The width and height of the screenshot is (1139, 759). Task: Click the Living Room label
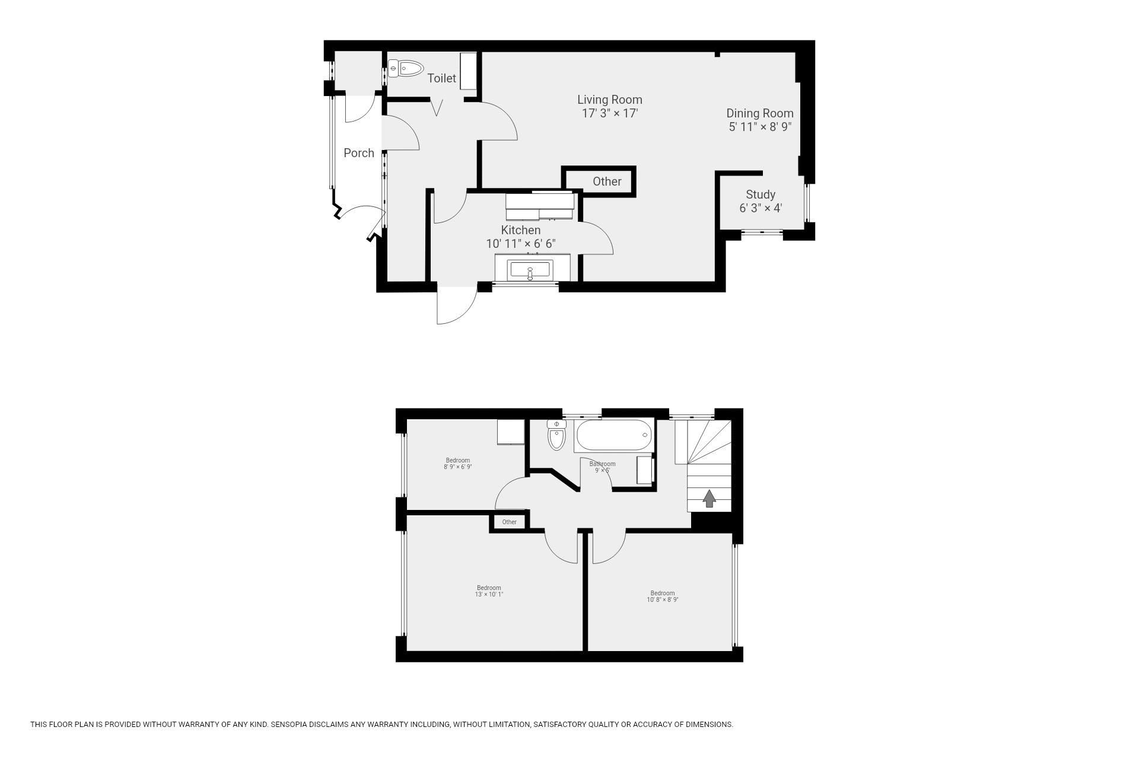pyautogui.click(x=610, y=100)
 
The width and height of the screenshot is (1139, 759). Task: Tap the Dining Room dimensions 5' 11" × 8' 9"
pyautogui.click(x=760, y=127)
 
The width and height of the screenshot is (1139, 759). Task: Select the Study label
pyautogui.click(x=761, y=194)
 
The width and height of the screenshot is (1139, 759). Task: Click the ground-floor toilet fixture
pyautogui.click(x=405, y=68)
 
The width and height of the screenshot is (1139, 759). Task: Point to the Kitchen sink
pyautogui.click(x=530, y=271)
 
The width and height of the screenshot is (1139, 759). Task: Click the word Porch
pyautogui.click(x=359, y=153)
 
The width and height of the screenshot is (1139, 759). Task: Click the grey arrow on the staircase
pyautogui.click(x=709, y=498)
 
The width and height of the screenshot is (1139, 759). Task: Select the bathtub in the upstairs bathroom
pyautogui.click(x=614, y=436)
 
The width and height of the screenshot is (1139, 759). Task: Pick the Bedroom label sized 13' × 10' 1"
pyautogui.click(x=489, y=591)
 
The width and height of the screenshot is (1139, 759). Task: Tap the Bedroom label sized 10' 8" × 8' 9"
pyautogui.click(x=663, y=597)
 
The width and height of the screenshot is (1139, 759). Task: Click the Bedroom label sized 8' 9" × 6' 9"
pyautogui.click(x=458, y=464)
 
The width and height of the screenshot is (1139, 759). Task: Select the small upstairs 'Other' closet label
pyautogui.click(x=510, y=522)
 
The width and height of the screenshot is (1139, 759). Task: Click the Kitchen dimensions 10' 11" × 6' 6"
pyautogui.click(x=521, y=244)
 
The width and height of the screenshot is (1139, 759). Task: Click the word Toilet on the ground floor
pyautogui.click(x=442, y=78)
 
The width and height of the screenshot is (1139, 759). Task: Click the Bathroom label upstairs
pyautogui.click(x=602, y=464)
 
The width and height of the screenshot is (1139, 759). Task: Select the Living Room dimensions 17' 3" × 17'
pyautogui.click(x=610, y=113)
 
